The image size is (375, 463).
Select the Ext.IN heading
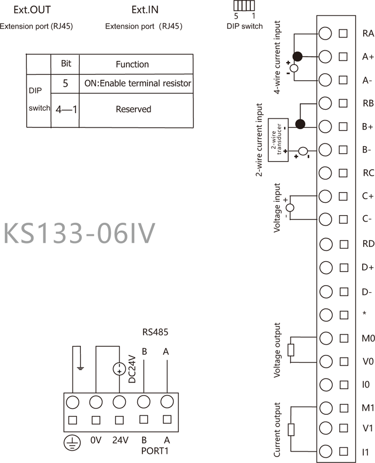[x=145, y=10]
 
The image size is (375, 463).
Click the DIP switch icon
[x=244, y=6]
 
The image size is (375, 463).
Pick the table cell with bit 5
[x=65, y=84]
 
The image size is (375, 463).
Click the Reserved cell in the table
[x=133, y=109]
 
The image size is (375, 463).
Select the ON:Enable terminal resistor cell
[x=138, y=84]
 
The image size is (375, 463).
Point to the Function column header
[x=132, y=64]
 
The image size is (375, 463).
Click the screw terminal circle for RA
[x=325, y=33]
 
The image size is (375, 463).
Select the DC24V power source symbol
[x=119, y=369]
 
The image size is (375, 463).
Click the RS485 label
[x=155, y=332]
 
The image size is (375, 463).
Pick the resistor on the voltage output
[x=291, y=350]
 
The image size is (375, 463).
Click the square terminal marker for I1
[x=343, y=451]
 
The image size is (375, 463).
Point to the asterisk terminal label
[x=364, y=314]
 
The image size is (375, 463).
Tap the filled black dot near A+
[x=297, y=56]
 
